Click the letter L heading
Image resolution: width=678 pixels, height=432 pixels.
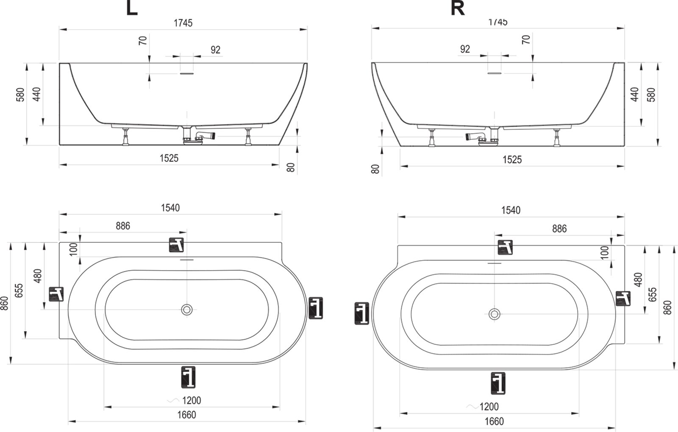pyautogui.click(x=132, y=8)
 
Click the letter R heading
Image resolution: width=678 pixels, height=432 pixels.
pyautogui.click(x=457, y=8)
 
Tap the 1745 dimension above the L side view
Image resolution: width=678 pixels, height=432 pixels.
pyautogui.click(x=183, y=23)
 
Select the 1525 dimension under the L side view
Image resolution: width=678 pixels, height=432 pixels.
pyautogui.click(x=169, y=158)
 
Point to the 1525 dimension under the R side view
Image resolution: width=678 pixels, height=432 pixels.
pyautogui.click(x=512, y=159)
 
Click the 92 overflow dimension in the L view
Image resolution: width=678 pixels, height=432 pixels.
pyautogui.click(x=216, y=50)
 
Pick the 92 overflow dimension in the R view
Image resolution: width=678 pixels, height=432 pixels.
pyautogui.click(x=465, y=49)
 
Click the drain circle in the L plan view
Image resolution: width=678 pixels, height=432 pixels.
pyautogui.click(x=187, y=310)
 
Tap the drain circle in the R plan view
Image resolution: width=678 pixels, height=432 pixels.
pyautogui.click(x=494, y=314)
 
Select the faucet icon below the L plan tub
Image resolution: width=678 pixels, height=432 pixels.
pyautogui.click(x=188, y=377)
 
